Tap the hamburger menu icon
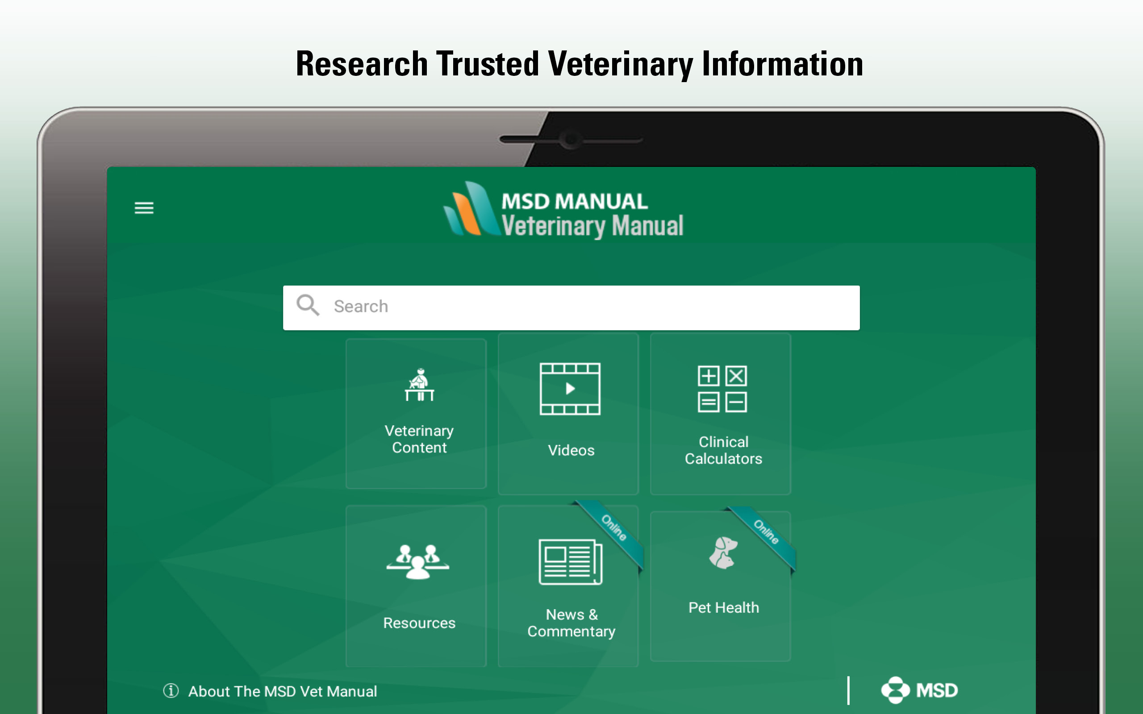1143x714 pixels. [144, 208]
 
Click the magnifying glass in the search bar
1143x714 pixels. [308, 305]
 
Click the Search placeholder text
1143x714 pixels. [361, 307]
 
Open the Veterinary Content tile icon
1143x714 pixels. [419, 384]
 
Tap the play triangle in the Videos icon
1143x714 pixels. [571, 389]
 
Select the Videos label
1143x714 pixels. [571, 450]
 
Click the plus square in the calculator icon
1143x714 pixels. [709, 376]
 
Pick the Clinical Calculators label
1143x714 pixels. [724, 450]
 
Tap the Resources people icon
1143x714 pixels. [418, 561]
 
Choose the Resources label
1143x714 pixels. [419, 623]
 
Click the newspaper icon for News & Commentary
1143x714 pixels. [571, 562]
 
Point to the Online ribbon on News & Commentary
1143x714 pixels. [613, 528]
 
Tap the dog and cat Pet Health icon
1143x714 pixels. [723, 552]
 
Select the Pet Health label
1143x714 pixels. [724, 607]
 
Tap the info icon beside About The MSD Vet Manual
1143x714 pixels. [171, 691]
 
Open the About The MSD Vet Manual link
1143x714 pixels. [283, 691]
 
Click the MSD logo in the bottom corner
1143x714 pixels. [919, 690]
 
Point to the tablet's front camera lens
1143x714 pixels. [571, 139]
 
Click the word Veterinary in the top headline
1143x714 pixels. [620, 64]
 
